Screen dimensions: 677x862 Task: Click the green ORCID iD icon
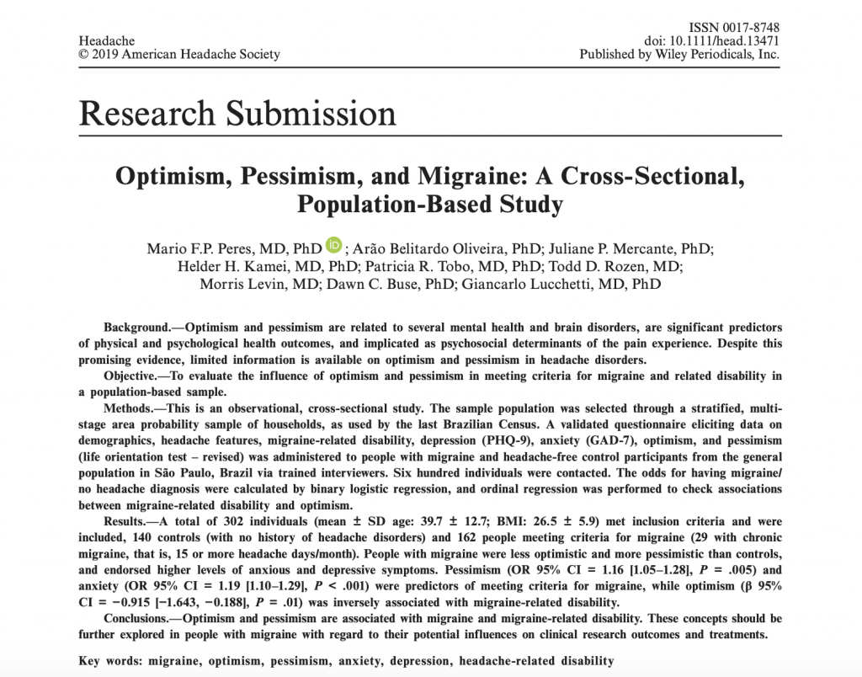coord(334,247)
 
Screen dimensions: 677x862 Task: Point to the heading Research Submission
coord(237,113)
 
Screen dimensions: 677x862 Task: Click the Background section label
coord(139,327)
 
